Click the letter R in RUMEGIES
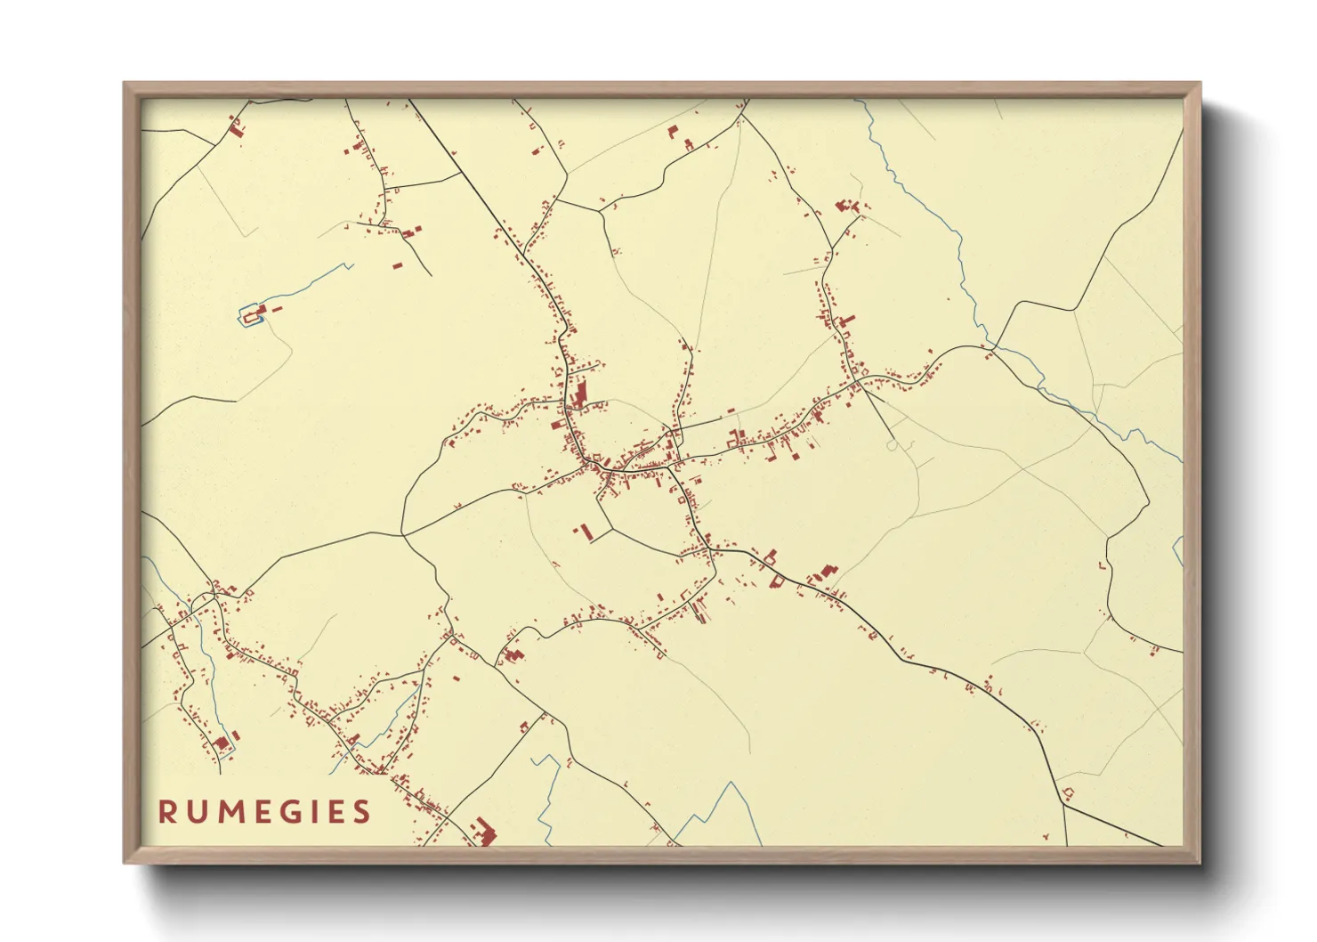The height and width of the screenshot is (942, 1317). click(x=166, y=812)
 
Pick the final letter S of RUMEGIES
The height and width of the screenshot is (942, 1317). click(x=361, y=812)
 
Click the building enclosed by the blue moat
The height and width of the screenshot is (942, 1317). click(x=251, y=313)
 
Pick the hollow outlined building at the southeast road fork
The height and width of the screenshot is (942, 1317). click(x=1068, y=792)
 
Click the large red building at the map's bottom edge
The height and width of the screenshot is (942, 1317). click(x=485, y=832)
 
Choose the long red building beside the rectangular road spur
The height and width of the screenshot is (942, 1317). click(x=586, y=532)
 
